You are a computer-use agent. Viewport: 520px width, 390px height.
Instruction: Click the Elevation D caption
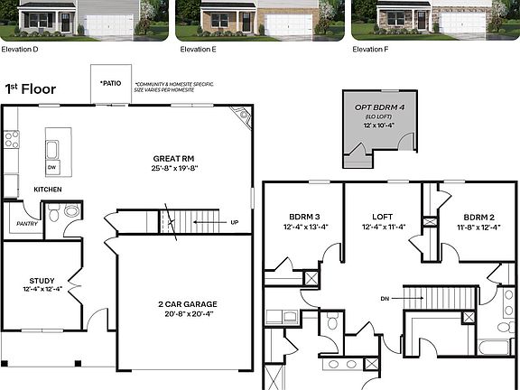(20, 49)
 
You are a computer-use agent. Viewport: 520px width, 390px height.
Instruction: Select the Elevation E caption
(198, 49)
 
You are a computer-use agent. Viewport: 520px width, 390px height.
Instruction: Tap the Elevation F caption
(369, 49)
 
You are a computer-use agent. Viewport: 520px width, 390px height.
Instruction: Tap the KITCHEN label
(48, 190)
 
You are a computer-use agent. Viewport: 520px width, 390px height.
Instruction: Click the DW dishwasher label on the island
(51, 167)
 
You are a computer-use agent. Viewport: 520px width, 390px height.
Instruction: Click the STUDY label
(42, 280)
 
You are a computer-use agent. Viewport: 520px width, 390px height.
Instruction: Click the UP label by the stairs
(235, 222)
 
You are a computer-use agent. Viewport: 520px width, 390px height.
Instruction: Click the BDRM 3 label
(304, 217)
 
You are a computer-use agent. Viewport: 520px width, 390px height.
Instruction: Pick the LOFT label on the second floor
(383, 217)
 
